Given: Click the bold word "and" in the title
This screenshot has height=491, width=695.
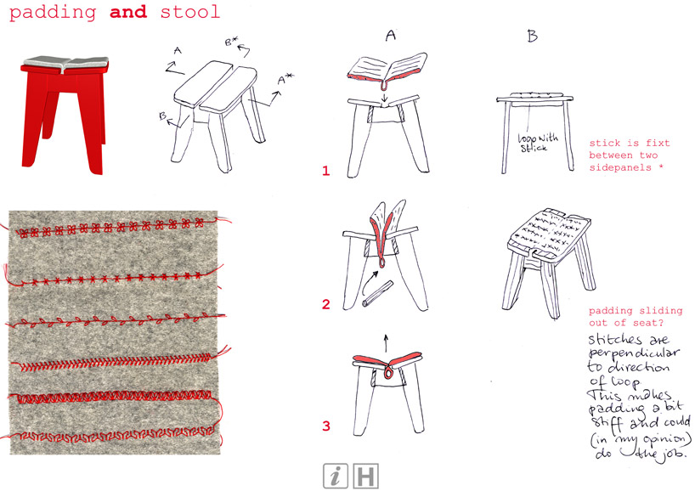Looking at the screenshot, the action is click(x=128, y=11).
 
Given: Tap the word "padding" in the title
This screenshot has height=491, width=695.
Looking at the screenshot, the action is click(x=53, y=12).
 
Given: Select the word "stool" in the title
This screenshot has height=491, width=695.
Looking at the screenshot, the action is click(x=190, y=11).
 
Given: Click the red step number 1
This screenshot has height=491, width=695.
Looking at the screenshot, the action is click(x=326, y=171).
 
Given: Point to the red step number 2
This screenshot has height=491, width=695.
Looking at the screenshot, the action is click(x=326, y=304).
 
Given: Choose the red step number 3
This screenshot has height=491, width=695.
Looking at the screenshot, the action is click(x=326, y=426).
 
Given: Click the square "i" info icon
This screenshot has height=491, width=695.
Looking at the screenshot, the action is click(x=336, y=476).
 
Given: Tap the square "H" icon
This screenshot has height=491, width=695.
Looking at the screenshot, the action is click(x=365, y=476).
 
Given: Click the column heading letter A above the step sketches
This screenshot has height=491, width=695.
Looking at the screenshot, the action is click(x=391, y=35).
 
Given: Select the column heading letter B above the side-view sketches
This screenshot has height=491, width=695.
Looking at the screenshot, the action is click(x=533, y=36).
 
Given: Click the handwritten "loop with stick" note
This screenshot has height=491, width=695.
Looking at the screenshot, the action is click(x=538, y=143).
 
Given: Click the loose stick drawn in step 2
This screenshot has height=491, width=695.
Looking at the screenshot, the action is click(x=377, y=293).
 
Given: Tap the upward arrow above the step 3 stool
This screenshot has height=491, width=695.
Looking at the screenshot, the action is click(x=386, y=343).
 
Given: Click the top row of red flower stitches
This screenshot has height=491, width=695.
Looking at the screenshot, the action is click(x=110, y=227).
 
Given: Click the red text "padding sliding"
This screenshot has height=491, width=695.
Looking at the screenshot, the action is click(x=636, y=311).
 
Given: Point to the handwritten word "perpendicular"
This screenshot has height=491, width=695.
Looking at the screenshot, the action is click(x=634, y=353).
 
